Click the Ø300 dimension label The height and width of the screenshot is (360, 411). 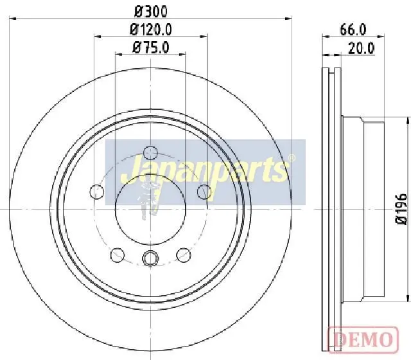pyautogui.click(x=151, y=12)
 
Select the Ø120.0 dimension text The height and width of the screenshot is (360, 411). pyautogui.click(x=151, y=30)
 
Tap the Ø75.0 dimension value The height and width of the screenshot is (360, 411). pyautogui.click(x=151, y=48)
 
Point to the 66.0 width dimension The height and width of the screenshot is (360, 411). pyautogui.click(x=353, y=30)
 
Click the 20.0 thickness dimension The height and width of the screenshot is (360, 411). pyautogui.click(x=362, y=49)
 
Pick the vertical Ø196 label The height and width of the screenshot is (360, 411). pyautogui.click(x=401, y=209)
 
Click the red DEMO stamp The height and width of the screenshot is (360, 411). pyautogui.click(x=363, y=339)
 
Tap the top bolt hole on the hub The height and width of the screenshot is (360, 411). pyautogui.click(x=151, y=153)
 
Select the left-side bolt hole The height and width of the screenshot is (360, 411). pyautogui.click(x=97, y=192)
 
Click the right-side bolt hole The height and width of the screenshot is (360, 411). pyautogui.click(x=204, y=192)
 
